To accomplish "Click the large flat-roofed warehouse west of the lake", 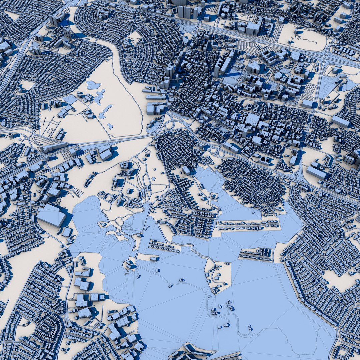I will point(51,215).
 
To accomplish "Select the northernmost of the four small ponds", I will point(94,85).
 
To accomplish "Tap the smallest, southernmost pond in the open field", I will point(110,126).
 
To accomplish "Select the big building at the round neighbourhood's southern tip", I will point(186,170).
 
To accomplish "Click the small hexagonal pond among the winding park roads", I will point(154,179).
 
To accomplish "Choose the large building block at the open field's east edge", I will point(155,108).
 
